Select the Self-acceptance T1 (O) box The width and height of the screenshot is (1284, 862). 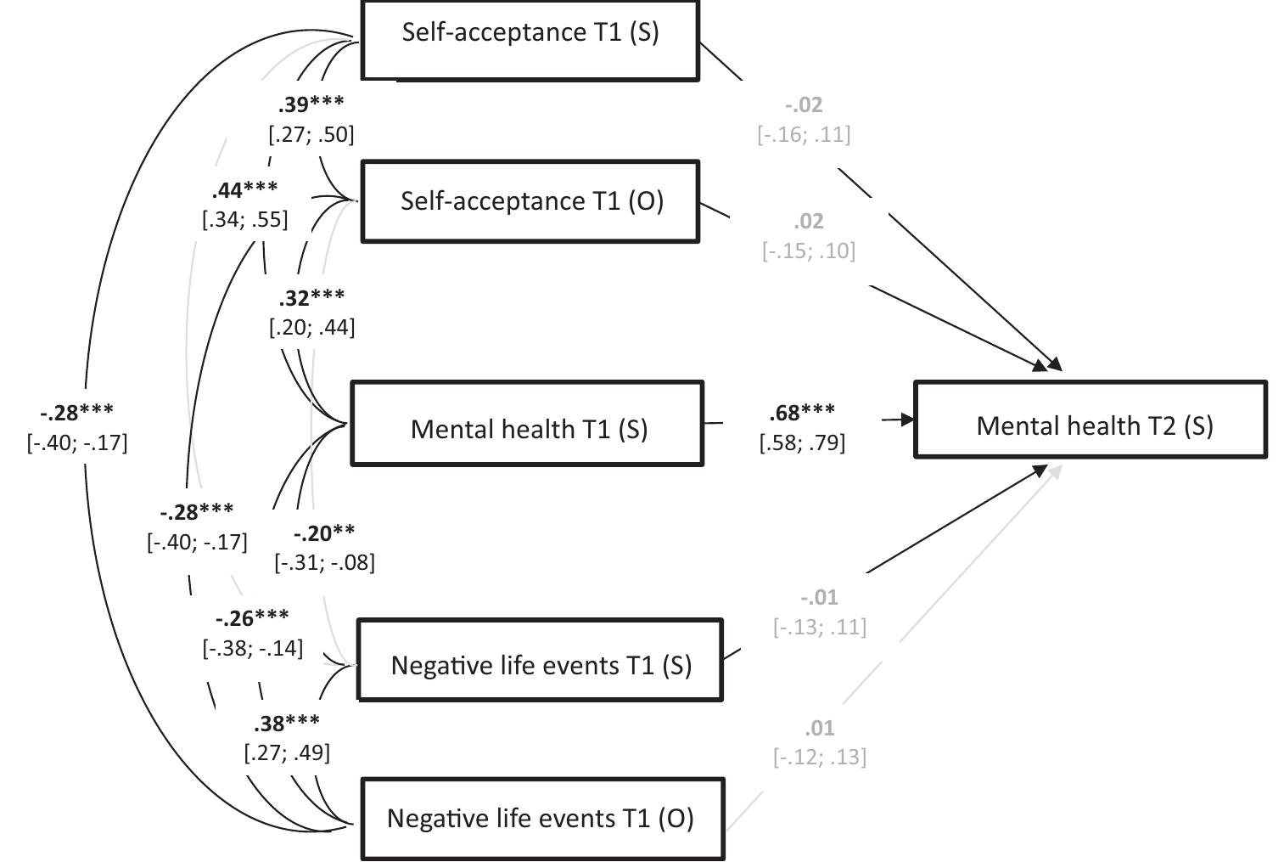[530, 201]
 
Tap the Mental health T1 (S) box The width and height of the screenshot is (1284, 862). [527, 424]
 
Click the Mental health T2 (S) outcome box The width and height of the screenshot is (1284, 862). [1091, 420]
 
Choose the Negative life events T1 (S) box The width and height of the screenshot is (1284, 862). [540, 660]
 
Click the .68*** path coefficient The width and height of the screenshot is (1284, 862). [802, 413]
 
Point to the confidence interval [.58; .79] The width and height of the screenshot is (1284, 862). [802, 442]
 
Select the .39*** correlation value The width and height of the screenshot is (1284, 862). [311, 104]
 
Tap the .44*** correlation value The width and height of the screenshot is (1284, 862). [244, 189]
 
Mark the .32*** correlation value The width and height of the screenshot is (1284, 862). [311, 297]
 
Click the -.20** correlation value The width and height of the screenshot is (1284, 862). [324, 533]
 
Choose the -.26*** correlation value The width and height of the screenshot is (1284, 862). [252, 617]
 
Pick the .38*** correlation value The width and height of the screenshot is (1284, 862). [287, 723]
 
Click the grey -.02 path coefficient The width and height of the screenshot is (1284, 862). [804, 104]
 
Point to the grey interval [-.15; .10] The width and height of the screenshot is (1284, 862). [809, 251]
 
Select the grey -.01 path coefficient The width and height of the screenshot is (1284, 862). [819, 597]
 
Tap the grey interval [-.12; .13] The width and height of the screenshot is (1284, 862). [820, 757]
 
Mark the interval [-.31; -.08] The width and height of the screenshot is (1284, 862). [324, 562]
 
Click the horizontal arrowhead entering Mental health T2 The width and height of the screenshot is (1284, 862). [906, 419]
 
